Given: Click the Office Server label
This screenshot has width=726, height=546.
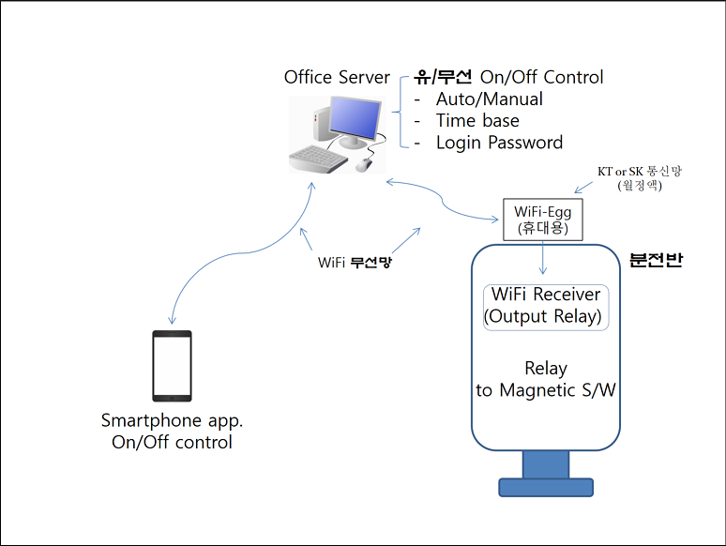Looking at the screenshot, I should click(337, 77).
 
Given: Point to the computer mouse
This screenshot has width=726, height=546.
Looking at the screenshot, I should click(364, 165).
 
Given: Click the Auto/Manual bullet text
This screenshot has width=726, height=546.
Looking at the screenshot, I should click(489, 99).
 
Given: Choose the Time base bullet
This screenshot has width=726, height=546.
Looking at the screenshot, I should click(477, 120).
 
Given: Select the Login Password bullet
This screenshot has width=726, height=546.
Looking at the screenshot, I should click(499, 143).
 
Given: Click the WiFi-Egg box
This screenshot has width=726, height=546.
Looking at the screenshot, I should click(542, 220).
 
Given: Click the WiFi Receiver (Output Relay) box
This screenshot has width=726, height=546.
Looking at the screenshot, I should click(546, 306).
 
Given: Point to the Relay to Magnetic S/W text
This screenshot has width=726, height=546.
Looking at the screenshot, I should click(546, 379).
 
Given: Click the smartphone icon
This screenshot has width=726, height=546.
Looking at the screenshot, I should click(172, 367).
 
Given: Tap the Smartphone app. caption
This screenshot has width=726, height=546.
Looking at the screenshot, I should click(172, 420).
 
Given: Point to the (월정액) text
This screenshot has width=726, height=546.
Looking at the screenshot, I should click(639, 186).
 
